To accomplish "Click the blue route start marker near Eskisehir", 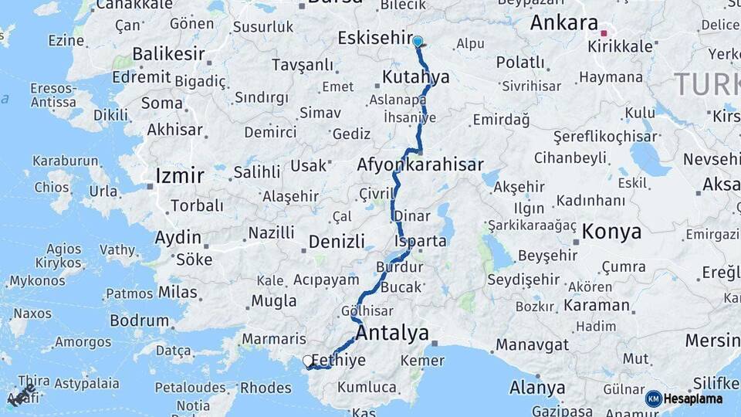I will (418, 41).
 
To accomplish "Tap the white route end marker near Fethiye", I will (308, 361).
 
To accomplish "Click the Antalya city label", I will (392, 334).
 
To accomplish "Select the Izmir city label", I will (180, 175).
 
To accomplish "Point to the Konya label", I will (611, 231).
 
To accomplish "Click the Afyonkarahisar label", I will (420, 164).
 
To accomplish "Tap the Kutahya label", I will (415, 77).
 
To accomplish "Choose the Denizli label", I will (337, 242).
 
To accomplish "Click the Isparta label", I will (421, 241).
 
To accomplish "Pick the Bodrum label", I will (139, 320).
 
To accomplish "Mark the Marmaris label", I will (274, 339).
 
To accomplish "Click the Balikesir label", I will (168, 54).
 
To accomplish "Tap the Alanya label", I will (537, 388).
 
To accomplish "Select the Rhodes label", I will (266, 388).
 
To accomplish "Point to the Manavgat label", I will (533, 344).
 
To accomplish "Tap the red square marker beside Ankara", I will (604, 33).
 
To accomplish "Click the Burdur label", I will (400, 267).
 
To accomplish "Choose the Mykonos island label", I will (38, 280).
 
